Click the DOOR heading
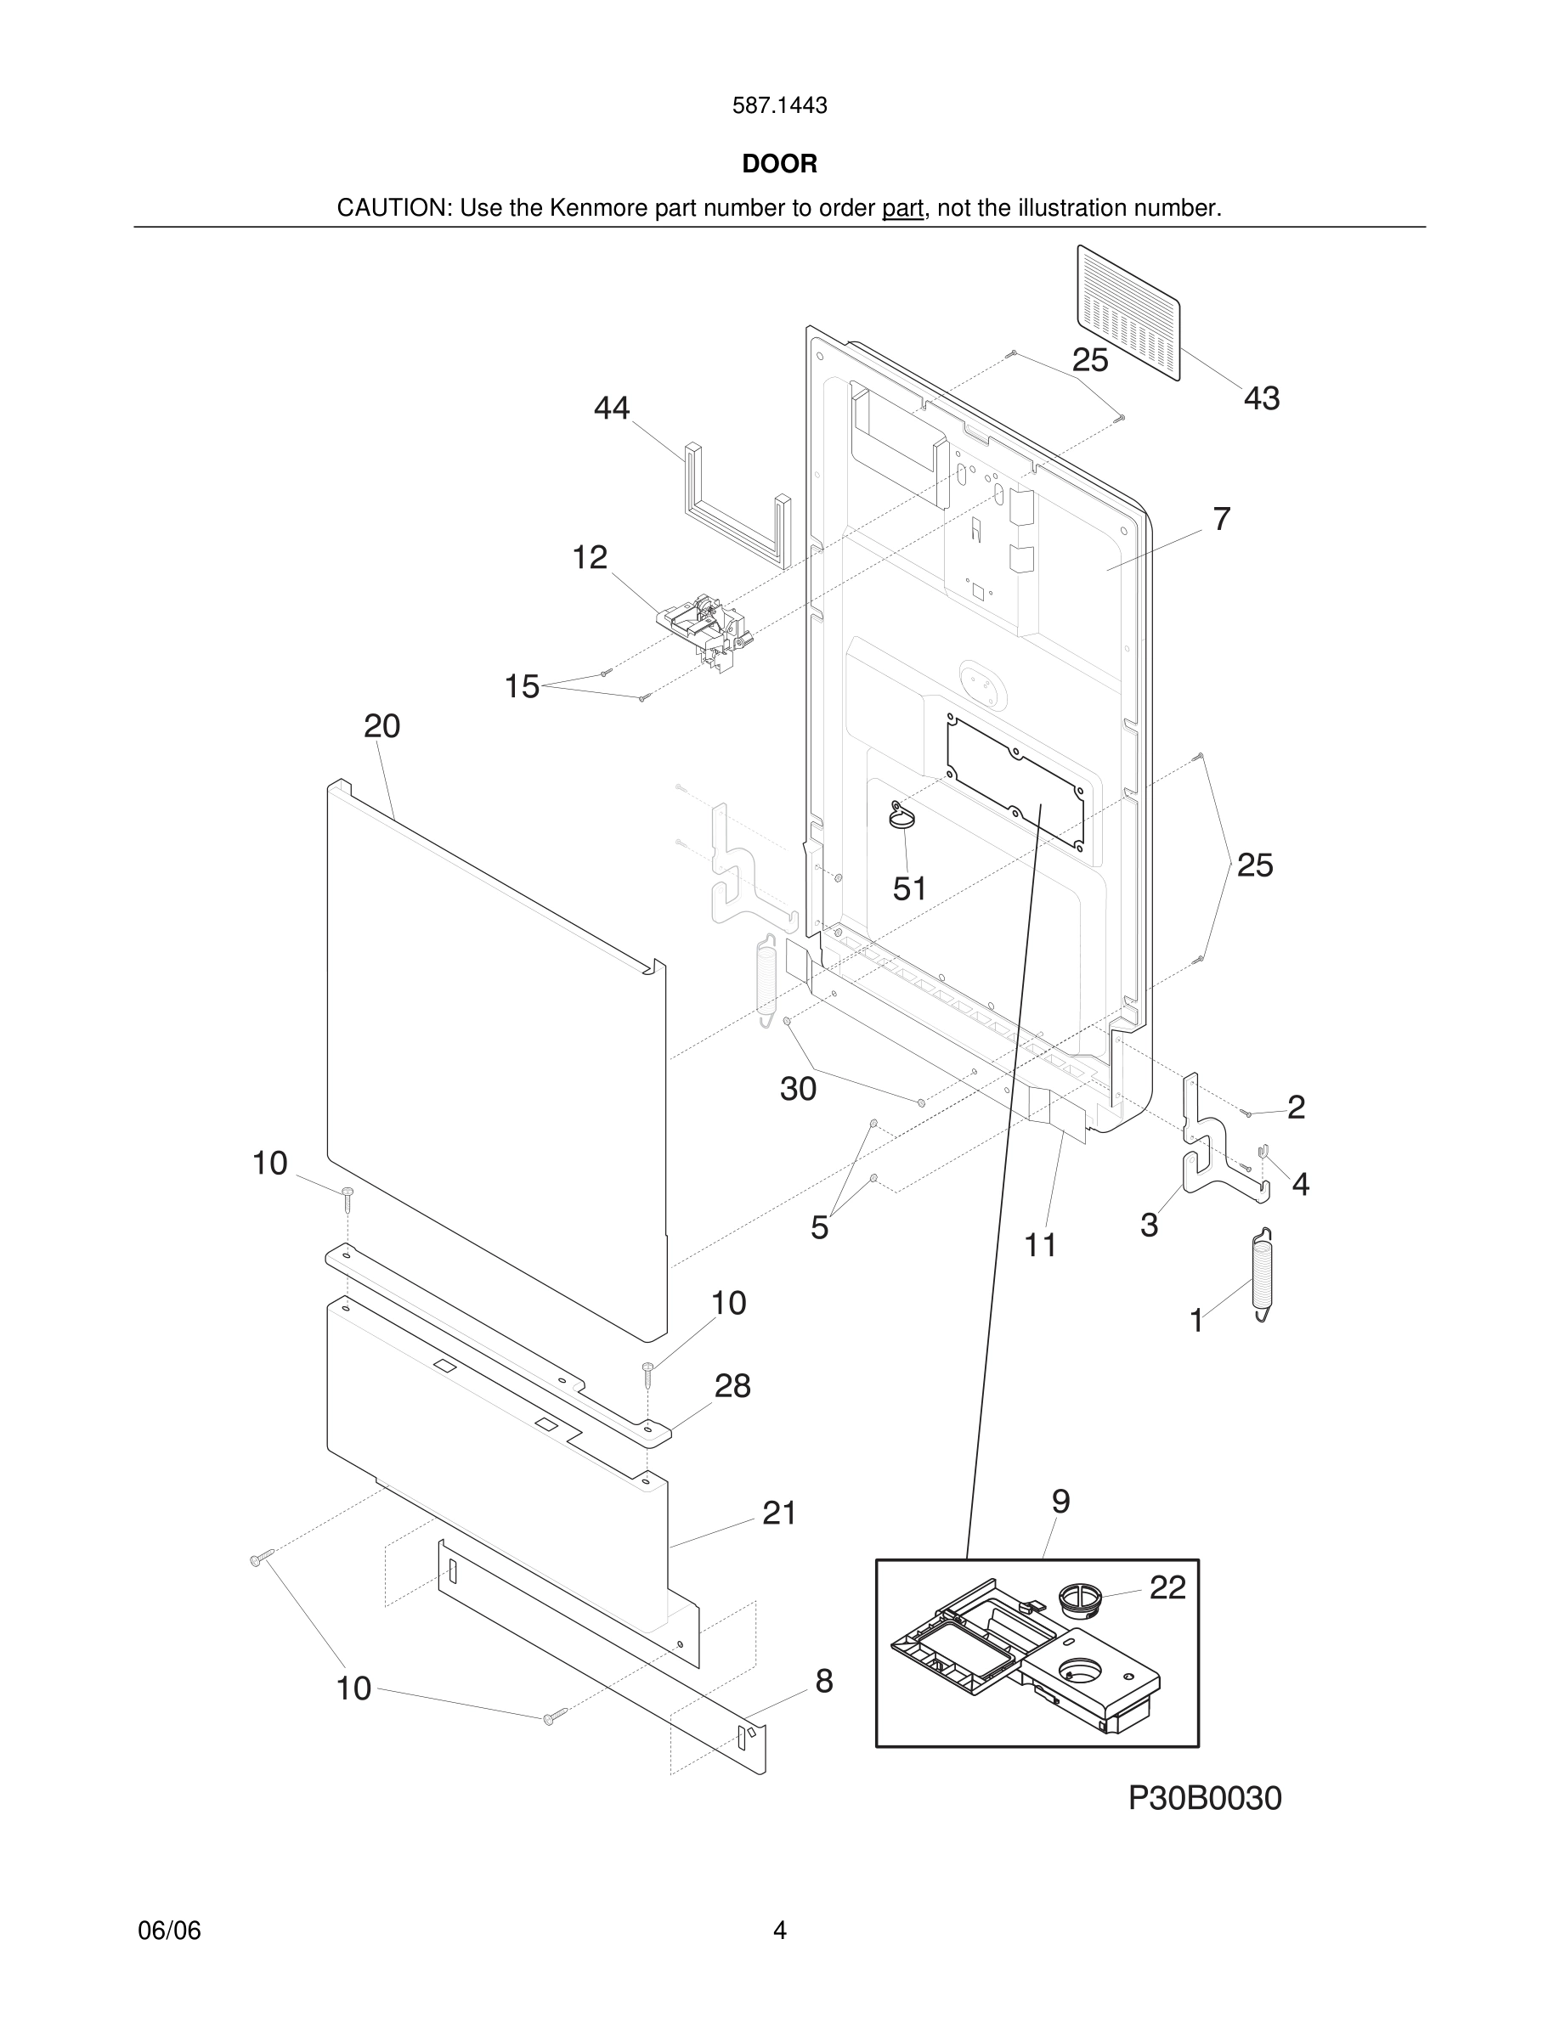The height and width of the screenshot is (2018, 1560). tap(779, 164)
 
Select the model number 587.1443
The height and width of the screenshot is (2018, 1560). tap(779, 106)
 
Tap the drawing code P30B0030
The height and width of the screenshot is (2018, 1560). tap(1204, 1798)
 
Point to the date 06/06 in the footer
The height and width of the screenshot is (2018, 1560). tap(169, 1931)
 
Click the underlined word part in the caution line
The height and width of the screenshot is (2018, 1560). tap(903, 209)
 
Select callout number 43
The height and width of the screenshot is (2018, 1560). tap(1262, 398)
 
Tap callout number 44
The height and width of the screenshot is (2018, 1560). tap(612, 408)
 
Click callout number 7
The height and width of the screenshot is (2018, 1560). tap(1222, 519)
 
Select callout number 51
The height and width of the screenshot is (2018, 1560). tap(909, 889)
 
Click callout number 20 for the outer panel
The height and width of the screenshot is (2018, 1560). tap(382, 726)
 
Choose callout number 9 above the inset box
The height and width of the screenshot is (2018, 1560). tap(1061, 1502)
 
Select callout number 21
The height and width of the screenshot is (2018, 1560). tap(779, 1513)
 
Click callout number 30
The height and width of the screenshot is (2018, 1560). tap(799, 1090)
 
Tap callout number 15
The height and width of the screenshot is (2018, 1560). tap(521, 686)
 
